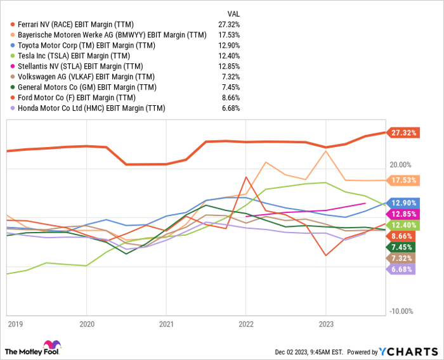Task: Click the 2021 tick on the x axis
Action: click(166, 323)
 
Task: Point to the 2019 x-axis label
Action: click(15, 323)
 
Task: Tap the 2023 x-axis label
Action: click(325, 323)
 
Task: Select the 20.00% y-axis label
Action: click(402, 165)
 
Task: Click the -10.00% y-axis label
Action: click(402, 311)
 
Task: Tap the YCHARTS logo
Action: click(405, 351)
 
